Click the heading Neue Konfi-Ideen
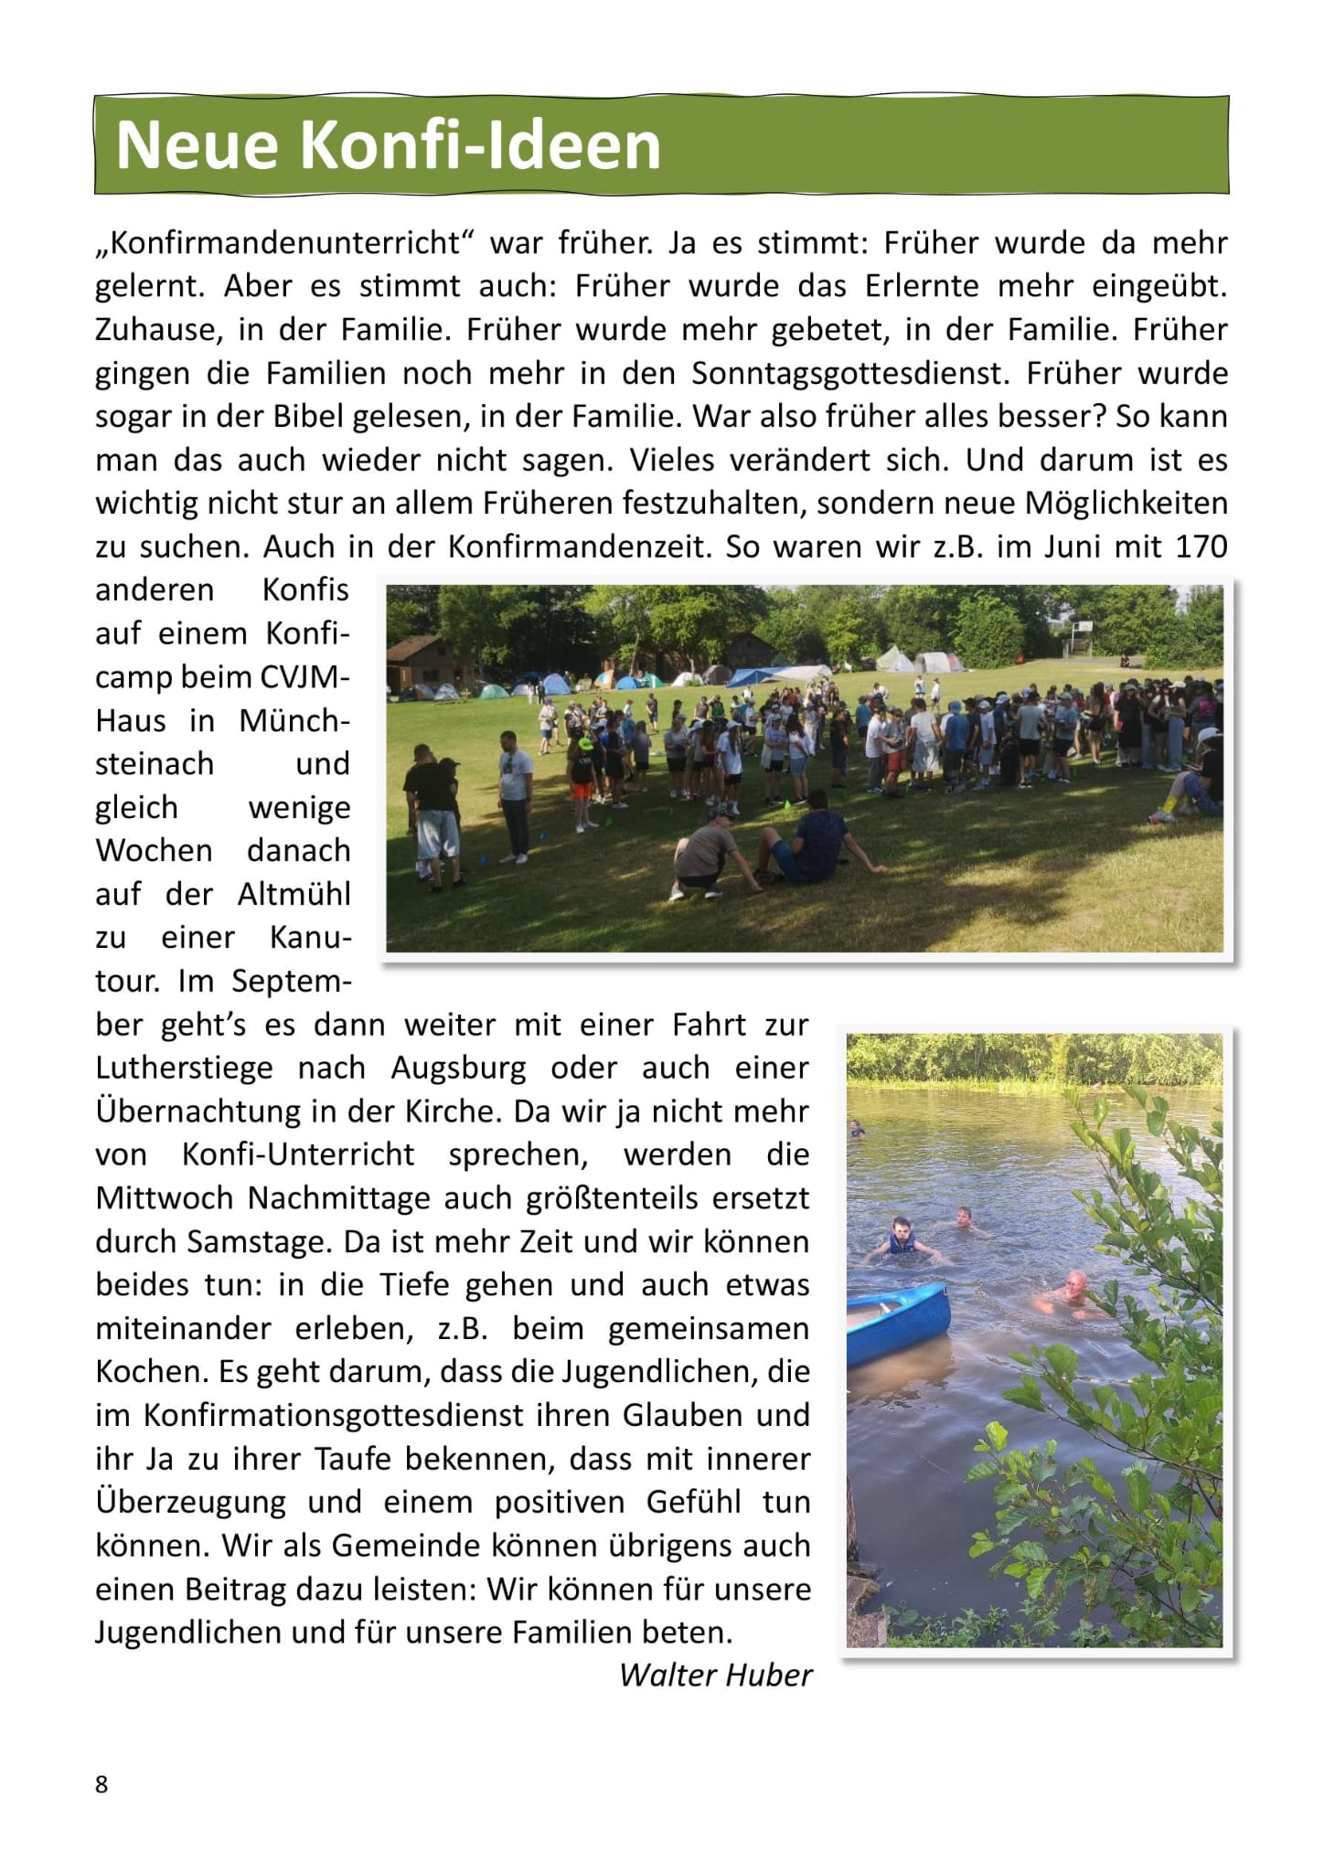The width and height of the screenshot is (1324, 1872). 388,145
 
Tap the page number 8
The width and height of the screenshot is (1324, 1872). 101,1784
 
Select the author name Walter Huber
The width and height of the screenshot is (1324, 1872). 715,1675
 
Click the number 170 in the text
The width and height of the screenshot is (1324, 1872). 1197,547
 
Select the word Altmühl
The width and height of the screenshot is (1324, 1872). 294,894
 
